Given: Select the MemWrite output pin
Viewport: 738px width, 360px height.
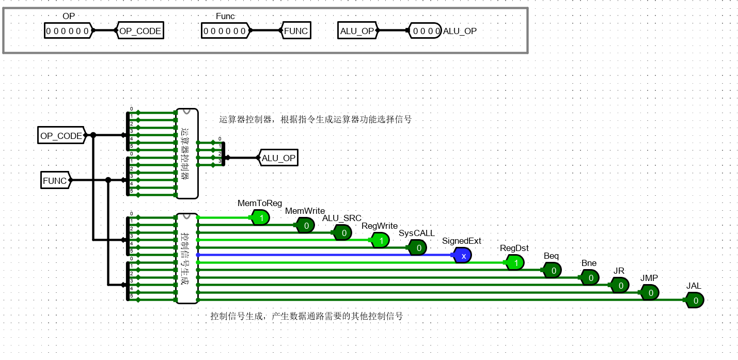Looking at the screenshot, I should click(x=305, y=225).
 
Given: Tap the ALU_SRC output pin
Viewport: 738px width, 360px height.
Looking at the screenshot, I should click(x=343, y=233).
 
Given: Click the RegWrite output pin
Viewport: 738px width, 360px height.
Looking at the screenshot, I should click(x=380, y=240).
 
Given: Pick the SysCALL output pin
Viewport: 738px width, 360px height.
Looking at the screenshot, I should click(x=418, y=248).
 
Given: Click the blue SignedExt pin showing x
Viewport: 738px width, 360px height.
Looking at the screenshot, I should click(x=463, y=255).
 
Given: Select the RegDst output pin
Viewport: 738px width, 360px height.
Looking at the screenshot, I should click(x=515, y=263).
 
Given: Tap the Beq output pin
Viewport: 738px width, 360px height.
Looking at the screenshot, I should click(x=552, y=270).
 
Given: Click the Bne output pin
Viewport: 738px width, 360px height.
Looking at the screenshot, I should click(x=590, y=278).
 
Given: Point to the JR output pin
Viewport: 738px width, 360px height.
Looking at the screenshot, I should click(x=620, y=285).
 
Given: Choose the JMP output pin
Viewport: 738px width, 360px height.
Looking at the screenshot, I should click(x=650, y=293).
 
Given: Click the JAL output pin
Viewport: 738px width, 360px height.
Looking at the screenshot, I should click(x=695, y=300).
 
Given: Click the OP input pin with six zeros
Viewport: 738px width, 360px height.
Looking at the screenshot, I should click(x=68, y=31).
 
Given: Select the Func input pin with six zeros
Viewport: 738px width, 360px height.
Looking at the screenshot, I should click(x=225, y=31).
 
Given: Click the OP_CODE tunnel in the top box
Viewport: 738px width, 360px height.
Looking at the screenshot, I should click(x=140, y=31).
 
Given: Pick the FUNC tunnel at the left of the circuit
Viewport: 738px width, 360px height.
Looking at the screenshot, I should click(x=55, y=181).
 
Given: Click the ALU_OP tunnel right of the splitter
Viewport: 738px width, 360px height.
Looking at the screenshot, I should click(x=278, y=158).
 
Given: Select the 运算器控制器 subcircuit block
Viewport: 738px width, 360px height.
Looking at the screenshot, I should click(x=186, y=153).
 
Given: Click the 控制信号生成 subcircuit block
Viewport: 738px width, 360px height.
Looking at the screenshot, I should click(x=186, y=258).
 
